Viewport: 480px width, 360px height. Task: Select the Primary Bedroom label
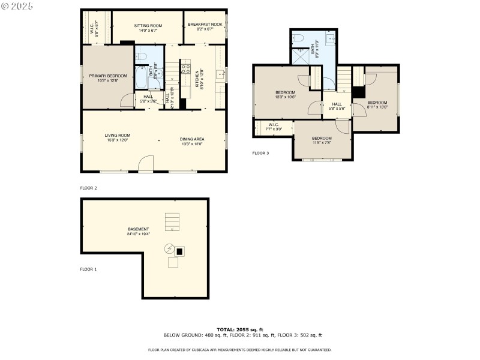click(108, 78)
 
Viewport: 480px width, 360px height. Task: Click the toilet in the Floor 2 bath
click(142, 57)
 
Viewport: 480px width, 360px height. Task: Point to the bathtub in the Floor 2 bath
click(140, 77)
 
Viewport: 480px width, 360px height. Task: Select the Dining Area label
click(192, 142)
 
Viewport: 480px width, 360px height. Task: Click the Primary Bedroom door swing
click(127, 100)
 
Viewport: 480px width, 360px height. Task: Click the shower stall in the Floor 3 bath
click(300, 58)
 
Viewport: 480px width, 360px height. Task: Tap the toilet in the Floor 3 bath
click(298, 38)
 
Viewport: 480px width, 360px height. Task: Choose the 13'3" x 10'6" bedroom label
click(285, 94)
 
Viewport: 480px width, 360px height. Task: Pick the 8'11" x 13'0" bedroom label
click(377, 104)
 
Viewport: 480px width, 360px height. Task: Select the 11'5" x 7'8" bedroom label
click(322, 140)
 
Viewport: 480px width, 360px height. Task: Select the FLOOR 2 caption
click(88, 188)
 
